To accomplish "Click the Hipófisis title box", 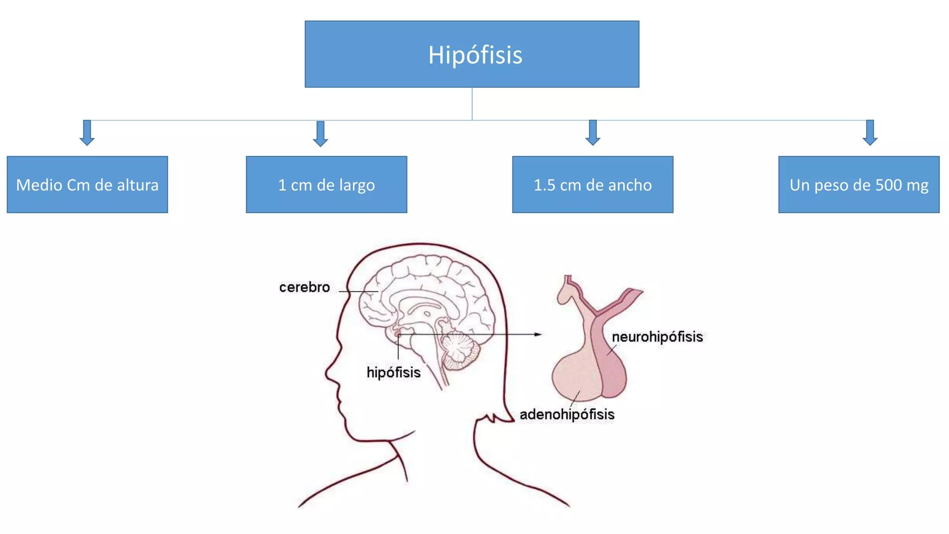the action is point(472,54).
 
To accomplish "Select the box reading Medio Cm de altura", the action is point(87,184).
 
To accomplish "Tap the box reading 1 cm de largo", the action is point(326,184).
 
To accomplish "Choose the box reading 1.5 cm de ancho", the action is point(592,184).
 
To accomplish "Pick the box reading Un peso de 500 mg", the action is point(859,184).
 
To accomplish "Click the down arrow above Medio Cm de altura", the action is point(87,133).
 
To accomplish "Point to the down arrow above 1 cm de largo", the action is point(320,134).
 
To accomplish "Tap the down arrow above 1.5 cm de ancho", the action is point(593,133).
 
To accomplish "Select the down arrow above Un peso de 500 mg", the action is point(870,133).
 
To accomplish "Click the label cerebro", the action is point(304,287).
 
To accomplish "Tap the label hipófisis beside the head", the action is point(393,372).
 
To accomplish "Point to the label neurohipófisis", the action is point(657,337).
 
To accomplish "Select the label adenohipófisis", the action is point(567,414).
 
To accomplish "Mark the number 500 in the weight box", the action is point(889,185).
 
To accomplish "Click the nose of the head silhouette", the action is point(328,372).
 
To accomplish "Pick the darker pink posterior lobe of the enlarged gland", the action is point(613,371).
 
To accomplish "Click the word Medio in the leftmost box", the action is point(39,185).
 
